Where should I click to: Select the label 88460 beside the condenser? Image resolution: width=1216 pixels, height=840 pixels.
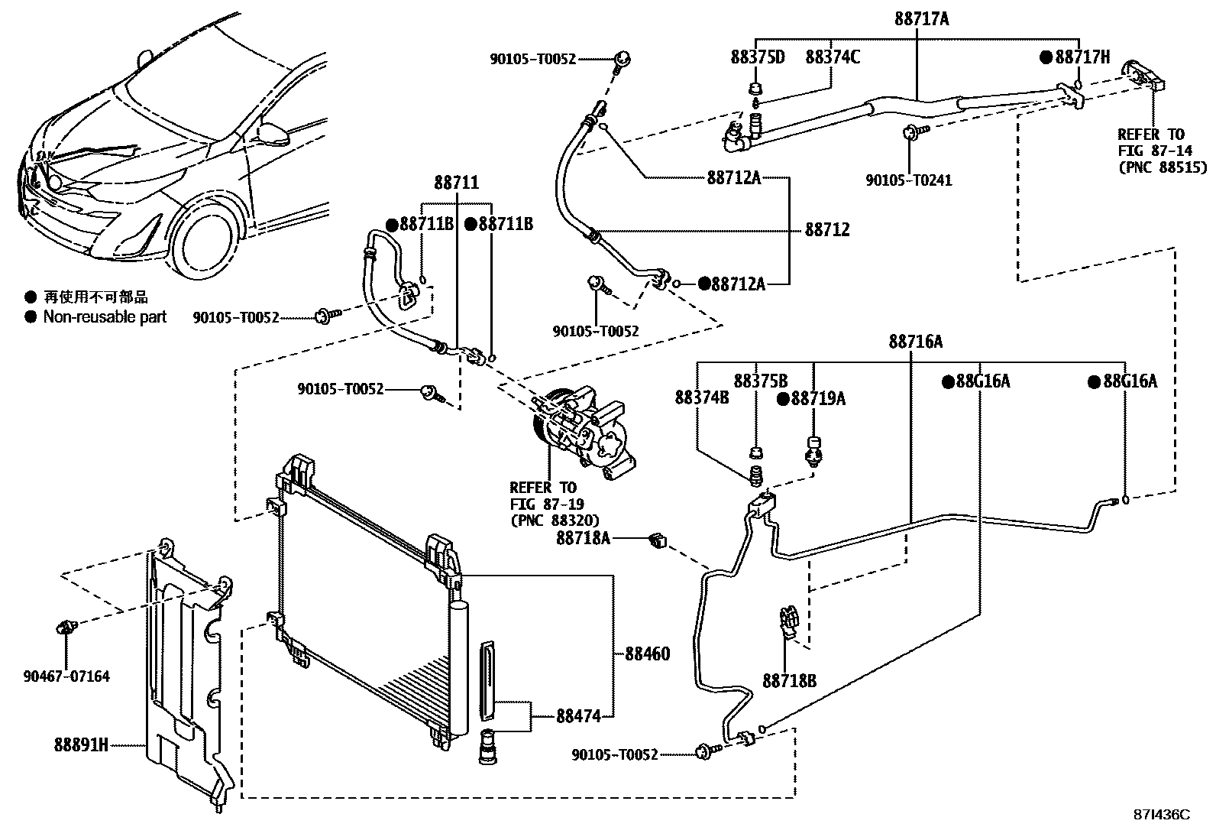(x=647, y=654)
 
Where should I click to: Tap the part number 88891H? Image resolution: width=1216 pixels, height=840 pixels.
(x=81, y=744)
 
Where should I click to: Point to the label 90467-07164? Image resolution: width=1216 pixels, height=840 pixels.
(x=66, y=676)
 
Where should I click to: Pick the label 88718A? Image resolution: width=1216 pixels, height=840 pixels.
(x=584, y=538)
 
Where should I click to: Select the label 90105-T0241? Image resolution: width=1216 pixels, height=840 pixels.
(x=908, y=180)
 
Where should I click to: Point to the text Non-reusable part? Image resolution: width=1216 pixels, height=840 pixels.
(x=105, y=316)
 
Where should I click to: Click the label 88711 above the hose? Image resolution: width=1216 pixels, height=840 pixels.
(x=457, y=183)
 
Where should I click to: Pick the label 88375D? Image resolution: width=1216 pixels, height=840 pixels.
(x=757, y=57)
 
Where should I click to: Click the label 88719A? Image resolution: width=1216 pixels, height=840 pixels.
(x=818, y=398)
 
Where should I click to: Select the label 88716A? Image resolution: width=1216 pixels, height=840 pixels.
(x=915, y=342)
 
